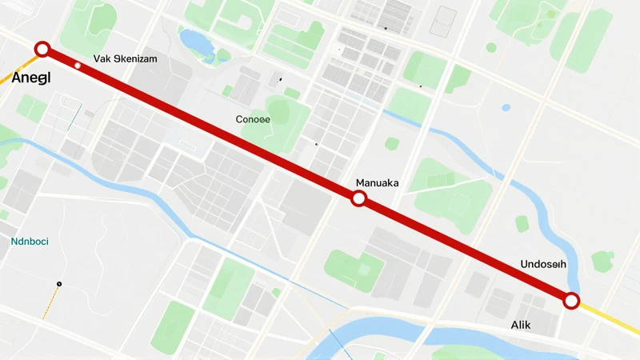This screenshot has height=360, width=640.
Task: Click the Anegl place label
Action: click(31, 78)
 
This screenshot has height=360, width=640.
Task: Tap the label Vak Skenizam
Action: click(125, 58)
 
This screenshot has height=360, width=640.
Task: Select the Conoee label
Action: click(253, 119)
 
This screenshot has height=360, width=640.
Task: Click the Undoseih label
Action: click(543, 264)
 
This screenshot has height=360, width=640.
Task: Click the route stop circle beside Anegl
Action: click(42, 50)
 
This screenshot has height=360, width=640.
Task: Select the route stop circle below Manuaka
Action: click(359, 198)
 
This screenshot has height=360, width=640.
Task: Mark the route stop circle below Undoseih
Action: click(571, 301)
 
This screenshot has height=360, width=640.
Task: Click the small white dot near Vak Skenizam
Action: click(78, 65)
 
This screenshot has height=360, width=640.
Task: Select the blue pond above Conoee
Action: click(196, 43)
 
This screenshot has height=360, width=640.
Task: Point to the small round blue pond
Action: click(506, 107)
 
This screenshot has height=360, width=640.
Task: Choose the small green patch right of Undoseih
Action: click(602, 261)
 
